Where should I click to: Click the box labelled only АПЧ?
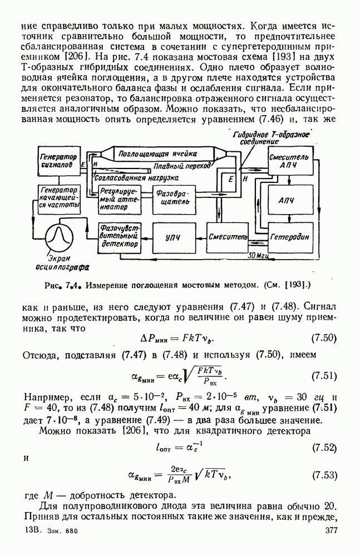[x=285, y=200]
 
